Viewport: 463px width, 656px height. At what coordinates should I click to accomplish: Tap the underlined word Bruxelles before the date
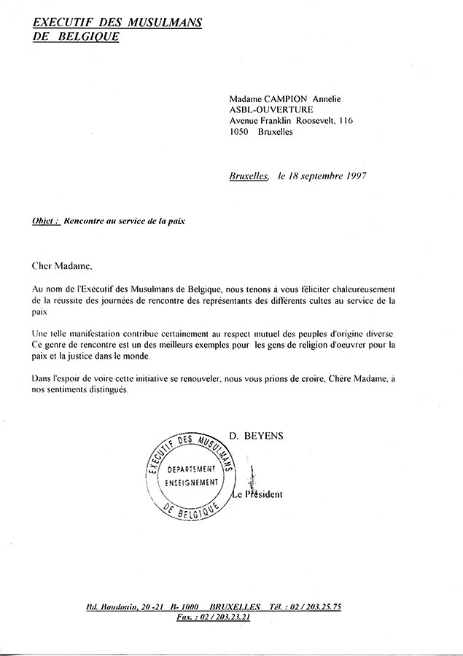[x=249, y=176]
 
